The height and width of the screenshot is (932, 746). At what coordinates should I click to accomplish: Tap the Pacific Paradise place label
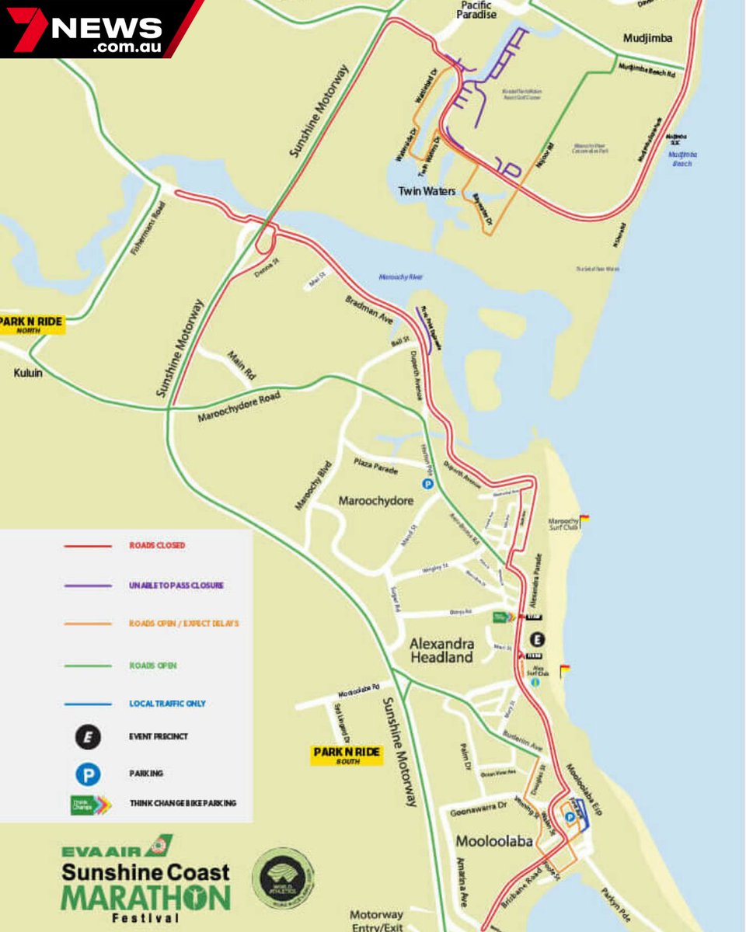tap(476, 9)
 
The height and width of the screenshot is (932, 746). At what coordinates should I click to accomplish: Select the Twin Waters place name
tap(427, 190)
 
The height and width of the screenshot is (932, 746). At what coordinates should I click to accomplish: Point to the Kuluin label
tap(28, 373)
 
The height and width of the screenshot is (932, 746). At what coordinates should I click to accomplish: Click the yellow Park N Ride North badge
tap(31, 325)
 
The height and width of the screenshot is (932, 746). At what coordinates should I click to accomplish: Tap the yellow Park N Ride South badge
tap(347, 755)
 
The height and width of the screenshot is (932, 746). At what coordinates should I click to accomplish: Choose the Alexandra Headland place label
tap(441, 651)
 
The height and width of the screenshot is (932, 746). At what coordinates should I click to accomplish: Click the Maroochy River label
tap(400, 277)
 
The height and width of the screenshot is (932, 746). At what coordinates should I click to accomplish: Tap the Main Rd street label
tap(241, 367)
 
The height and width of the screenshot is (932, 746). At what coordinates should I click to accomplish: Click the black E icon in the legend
tap(88, 736)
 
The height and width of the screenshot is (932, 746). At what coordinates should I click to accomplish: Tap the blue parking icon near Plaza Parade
tap(427, 483)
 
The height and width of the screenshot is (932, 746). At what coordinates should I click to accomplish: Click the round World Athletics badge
tap(284, 878)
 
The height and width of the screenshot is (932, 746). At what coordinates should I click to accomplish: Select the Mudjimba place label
tap(647, 38)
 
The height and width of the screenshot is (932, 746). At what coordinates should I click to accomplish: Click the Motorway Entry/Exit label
tap(376, 921)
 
